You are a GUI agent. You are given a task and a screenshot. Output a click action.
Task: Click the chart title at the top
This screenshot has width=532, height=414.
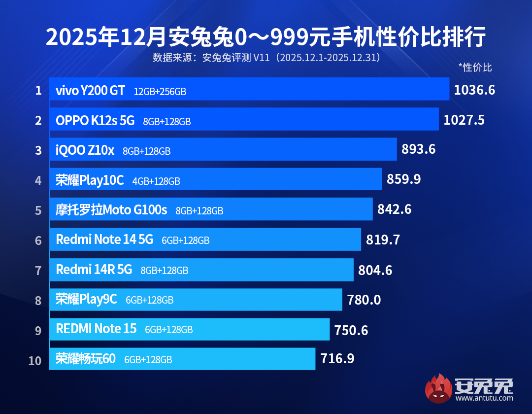click(266, 37)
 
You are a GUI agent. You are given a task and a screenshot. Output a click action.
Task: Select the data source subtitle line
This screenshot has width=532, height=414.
click(266, 58)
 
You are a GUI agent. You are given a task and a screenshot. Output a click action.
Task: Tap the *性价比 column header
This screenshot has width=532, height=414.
click(475, 67)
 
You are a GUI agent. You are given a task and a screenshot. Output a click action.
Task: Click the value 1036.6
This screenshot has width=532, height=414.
click(474, 90)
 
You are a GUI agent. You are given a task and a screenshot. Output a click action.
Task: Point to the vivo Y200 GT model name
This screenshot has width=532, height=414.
click(90, 91)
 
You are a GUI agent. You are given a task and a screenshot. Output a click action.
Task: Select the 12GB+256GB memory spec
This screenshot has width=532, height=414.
click(160, 92)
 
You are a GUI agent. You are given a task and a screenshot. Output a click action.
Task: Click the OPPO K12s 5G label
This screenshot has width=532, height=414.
click(95, 121)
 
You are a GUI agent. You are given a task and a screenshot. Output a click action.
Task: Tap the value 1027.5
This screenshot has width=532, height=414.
click(464, 120)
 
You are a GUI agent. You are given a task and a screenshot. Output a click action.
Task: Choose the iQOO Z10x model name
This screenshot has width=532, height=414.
click(85, 151)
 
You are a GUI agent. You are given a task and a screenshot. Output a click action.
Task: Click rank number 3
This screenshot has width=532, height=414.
click(38, 150)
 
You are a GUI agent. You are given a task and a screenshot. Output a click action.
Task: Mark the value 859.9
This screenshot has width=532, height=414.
click(404, 179)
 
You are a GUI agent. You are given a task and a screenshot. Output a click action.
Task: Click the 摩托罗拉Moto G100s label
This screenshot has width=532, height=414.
click(111, 210)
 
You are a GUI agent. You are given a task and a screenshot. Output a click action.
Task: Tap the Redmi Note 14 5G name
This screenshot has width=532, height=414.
click(104, 240)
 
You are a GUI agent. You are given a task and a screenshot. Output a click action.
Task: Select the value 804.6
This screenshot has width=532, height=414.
click(375, 270)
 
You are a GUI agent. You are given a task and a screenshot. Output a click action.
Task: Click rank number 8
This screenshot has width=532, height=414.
click(38, 300)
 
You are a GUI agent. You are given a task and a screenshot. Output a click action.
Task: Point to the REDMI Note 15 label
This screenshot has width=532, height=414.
click(96, 329)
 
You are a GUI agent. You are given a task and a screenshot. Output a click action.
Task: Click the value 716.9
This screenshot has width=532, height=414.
click(337, 358)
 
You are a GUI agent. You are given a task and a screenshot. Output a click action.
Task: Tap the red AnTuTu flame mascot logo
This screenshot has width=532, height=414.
click(438, 388)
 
